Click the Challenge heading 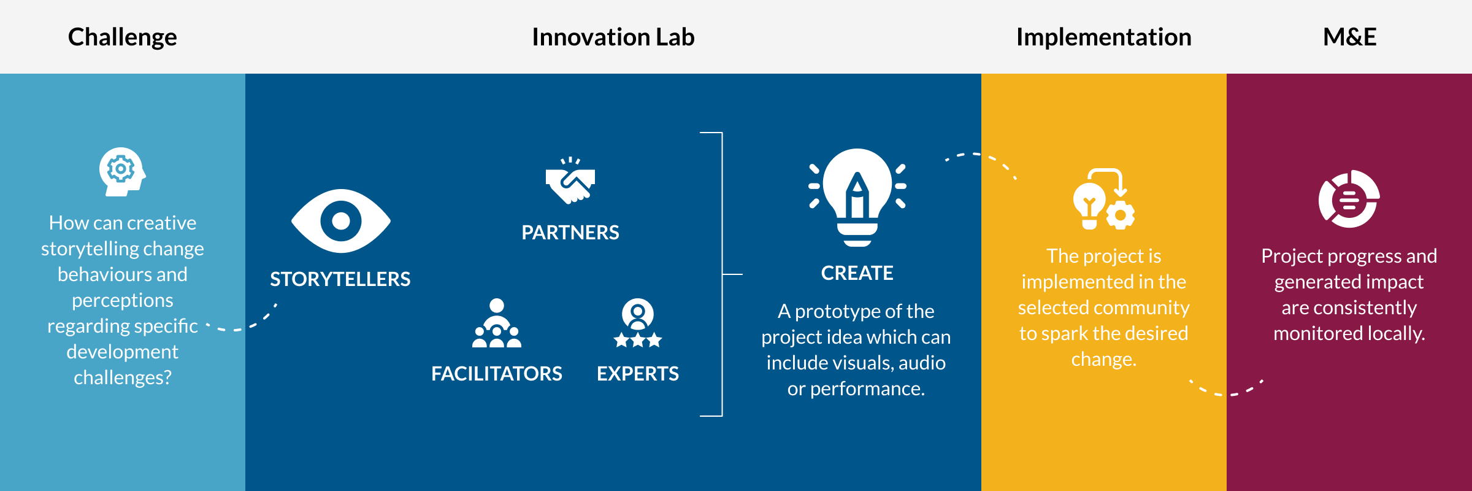[x=123, y=37]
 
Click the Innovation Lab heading [x=613, y=37]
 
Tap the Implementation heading [x=1104, y=37]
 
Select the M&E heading [x=1350, y=37]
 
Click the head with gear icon [x=122, y=171]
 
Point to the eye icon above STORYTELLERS [x=341, y=221]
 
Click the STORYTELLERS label [x=340, y=279]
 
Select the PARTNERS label [x=570, y=233]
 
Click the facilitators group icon [x=497, y=323]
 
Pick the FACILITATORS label [x=497, y=374]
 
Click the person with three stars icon [x=638, y=323]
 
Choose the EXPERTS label [x=638, y=374]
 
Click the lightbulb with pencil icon [x=857, y=197]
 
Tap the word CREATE [x=857, y=273]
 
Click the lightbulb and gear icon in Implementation [x=1104, y=199]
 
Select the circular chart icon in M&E [x=1349, y=199]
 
